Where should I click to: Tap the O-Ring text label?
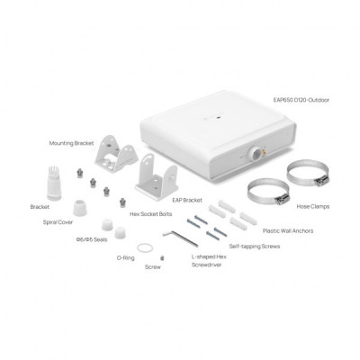[x=126, y=256]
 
